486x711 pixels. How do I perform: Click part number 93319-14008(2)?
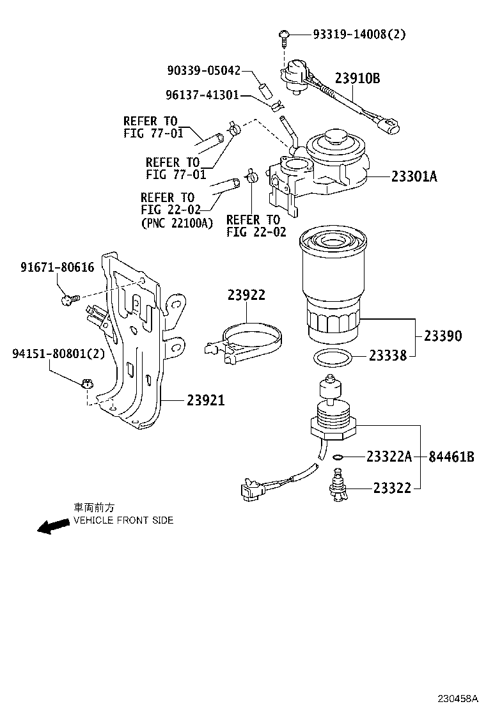coord(359,35)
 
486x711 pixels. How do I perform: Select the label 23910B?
coord(357,79)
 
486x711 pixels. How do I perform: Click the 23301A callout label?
coord(414,176)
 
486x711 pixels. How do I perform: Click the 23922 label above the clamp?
coord(246,295)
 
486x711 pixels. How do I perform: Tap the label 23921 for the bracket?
coord(206,400)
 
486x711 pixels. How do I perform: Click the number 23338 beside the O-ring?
coord(388,355)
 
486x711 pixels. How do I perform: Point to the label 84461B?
coord(451,457)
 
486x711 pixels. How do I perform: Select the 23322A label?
coord(389,457)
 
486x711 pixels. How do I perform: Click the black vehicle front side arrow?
coord(53,526)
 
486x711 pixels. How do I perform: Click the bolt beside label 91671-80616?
coord(68,297)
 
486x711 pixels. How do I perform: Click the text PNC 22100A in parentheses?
coord(176,223)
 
